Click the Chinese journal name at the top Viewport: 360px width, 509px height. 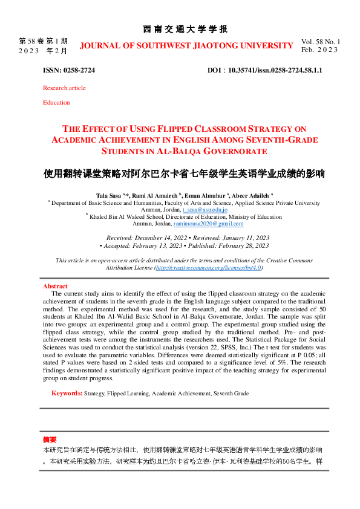click(185, 29)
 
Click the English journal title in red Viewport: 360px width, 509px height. click(186, 46)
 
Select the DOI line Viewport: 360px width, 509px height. click(264, 71)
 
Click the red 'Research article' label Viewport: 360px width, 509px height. click(64, 88)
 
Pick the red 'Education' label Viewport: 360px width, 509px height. click(56, 103)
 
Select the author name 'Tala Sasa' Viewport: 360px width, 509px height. click(108, 196)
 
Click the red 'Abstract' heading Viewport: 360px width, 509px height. click(55, 286)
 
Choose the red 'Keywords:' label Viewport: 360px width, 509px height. click(67, 394)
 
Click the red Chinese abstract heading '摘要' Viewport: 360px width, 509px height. click(50, 439)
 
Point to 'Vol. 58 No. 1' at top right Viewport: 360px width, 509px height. click(321, 42)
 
